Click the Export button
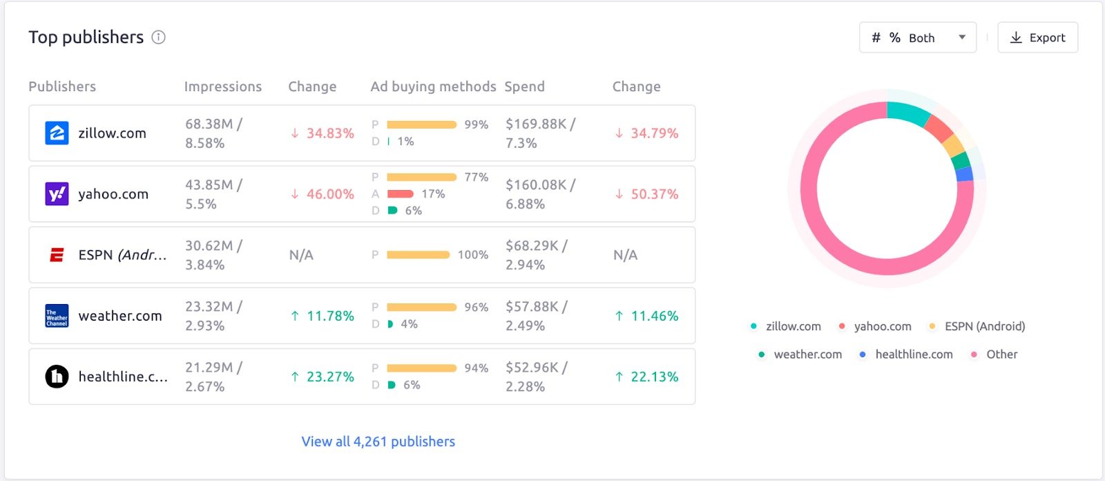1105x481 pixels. pyautogui.click(x=1037, y=38)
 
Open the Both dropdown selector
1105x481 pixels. pyautogui.click(x=918, y=38)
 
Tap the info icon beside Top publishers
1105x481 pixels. pyautogui.click(x=159, y=37)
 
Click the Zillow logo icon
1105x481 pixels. pyautogui.click(x=57, y=133)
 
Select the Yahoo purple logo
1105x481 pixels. pyautogui.click(x=57, y=194)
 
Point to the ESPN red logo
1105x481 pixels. pyautogui.click(x=57, y=255)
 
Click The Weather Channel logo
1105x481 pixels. pyautogui.click(x=57, y=316)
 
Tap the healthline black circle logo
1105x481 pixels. pyautogui.click(x=57, y=377)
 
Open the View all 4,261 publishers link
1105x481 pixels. pyautogui.click(x=378, y=442)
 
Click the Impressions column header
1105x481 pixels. pyautogui.click(x=222, y=86)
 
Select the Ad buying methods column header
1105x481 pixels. pyautogui.click(x=433, y=86)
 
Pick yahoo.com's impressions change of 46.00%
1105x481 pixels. pyautogui.click(x=323, y=194)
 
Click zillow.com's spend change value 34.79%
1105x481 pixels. pyautogui.click(x=647, y=133)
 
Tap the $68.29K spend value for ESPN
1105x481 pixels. pyautogui.click(x=536, y=246)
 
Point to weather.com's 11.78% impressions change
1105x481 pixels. pyautogui.click(x=323, y=316)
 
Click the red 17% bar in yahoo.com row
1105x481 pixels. pyautogui.click(x=401, y=194)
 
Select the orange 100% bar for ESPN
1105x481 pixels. pyautogui.click(x=419, y=255)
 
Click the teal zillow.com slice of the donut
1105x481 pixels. pyautogui.click(x=907, y=112)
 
